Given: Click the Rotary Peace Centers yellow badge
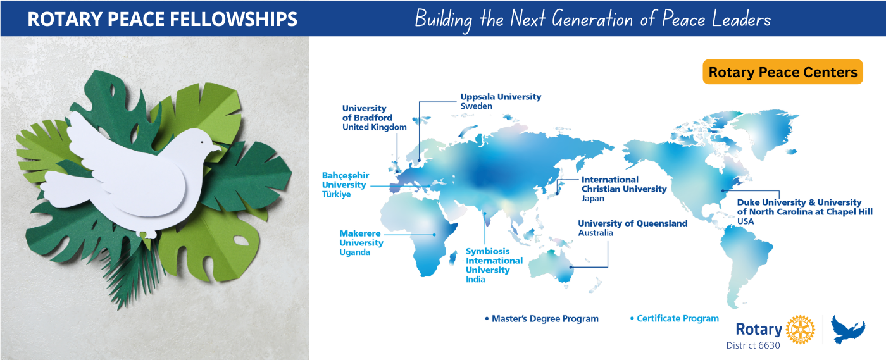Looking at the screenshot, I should point(783,72).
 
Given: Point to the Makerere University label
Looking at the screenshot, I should point(361,239).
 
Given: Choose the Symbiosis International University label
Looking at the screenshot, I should point(494,261).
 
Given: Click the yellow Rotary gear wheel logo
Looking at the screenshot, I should point(800,330).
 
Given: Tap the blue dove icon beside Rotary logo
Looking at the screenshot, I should point(848,330).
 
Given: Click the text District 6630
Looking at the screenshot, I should point(753,345).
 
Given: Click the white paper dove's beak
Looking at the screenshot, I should point(218,149).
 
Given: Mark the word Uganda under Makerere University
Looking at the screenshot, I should point(354,252).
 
